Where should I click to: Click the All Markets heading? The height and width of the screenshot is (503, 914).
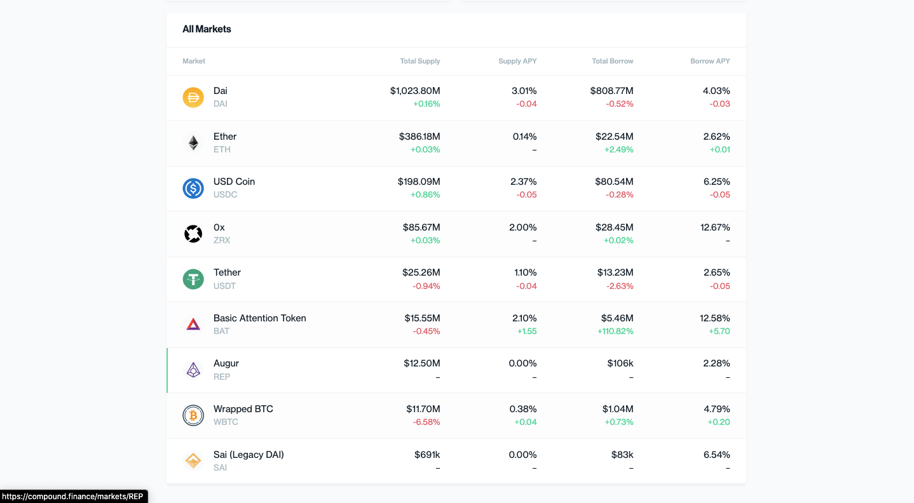pyautogui.click(x=207, y=29)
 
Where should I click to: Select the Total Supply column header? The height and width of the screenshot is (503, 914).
pyautogui.click(x=419, y=61)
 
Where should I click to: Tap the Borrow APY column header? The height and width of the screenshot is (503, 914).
pyautogui.click(x=710, y=61)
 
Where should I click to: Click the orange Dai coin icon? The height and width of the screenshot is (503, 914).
pyautogui.click(x=193, y=97)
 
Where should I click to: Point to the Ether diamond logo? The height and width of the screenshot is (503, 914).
pyautogui.click(x=193, y=143)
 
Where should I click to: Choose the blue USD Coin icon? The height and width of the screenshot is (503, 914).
pyautogui.click(x=193, y=188)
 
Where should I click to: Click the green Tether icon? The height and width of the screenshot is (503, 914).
pyautogui.click(x=193, y=279)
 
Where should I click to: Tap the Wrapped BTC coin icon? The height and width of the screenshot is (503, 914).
pyautogui.click(x=193, y=415)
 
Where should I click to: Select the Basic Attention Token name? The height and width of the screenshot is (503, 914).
pyautogui.click(x=259, y=318)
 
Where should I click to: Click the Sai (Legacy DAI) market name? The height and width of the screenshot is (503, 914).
pyautogui.click(x=249, y=455)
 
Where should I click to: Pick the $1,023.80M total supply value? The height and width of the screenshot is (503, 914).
pyautogui.click(x=415, y=91)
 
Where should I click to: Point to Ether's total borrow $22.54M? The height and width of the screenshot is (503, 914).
pyautogui.click(x=614, y=137)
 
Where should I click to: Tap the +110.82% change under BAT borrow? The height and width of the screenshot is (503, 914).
pyautogui.click(x=615, y=332)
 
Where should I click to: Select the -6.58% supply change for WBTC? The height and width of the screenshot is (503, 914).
pyautogui.click(x=426, y=422)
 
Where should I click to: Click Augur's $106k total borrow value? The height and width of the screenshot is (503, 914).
pyautogui.click(x=620, y=363)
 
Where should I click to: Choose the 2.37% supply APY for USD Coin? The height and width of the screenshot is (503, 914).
pyautogui.click(x=524, y=182)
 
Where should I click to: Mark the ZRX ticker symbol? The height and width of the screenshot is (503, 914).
pyautogui.click(x=222, y=241)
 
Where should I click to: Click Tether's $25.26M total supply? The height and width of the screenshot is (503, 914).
pyautogui.click(x=421, y=272)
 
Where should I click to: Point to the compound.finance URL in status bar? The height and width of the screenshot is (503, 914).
pyautogui.click(x=72, y=497)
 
